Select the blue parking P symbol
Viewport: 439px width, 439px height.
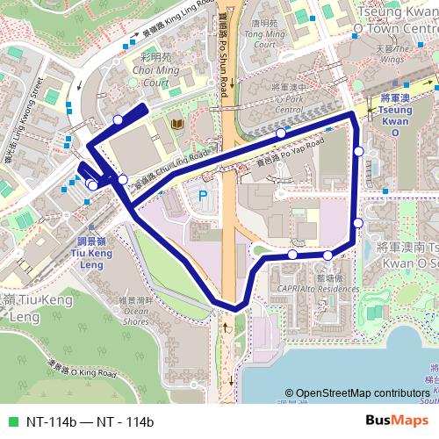[x=203, y=196]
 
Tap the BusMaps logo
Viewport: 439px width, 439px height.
[x=404, y=421]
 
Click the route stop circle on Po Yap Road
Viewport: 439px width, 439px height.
[x=280, y=133]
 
